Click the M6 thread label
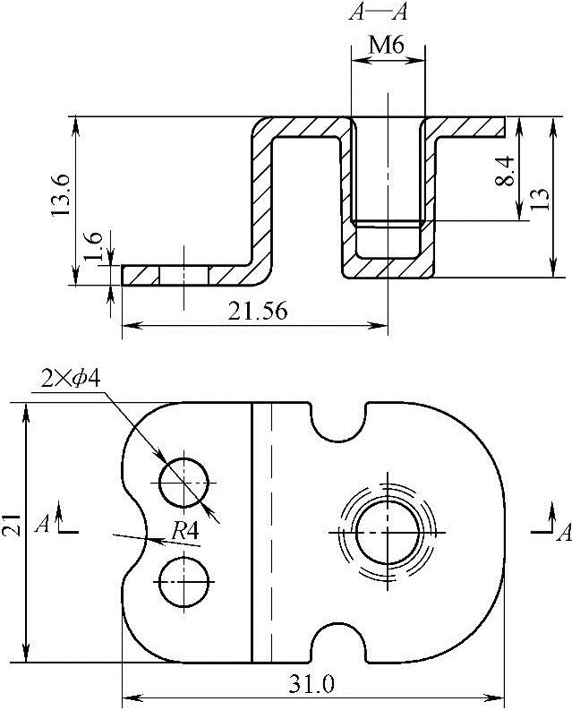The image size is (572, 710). (x=386, y=46)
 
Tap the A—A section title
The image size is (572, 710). (x=378, y=13)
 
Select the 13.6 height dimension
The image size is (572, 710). (x=59, y=195)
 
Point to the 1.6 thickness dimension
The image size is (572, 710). (x=93, y=246)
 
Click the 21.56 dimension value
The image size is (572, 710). (x=257, y=312)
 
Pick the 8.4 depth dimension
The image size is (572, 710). (x=504, y=171)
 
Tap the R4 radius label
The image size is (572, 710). (x=185, y=531)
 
